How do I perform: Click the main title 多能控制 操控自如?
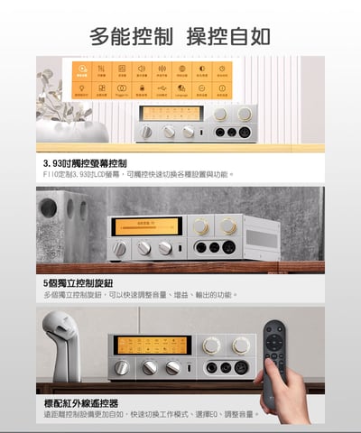pyautogui.click(x=180, y=36)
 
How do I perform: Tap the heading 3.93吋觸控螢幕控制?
pyautogui.click(x=86, y=162)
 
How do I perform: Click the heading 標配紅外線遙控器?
pyautogui.click(x=81, y=402)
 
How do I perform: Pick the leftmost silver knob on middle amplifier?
pyautogui.click(x=120, y=248)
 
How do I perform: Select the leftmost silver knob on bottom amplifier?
pyautogui.click(x=123, y=367)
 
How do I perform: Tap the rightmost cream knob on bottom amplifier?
pyautogui.click(x=241, y=345)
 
